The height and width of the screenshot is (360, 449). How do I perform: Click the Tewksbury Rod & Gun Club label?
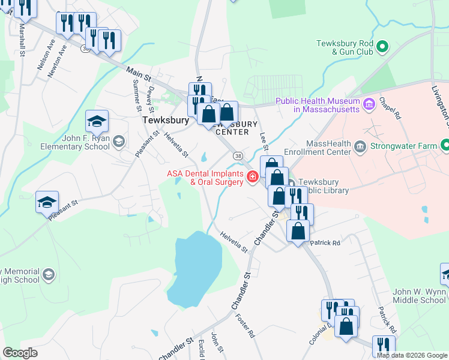tap(345, 47)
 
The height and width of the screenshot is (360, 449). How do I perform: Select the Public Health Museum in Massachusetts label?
tap(318, 105)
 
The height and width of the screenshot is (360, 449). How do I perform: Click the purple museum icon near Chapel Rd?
tap(370, 105)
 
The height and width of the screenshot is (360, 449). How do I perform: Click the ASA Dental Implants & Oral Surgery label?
tap(205, 179)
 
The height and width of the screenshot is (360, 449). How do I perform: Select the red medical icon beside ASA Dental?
tap(253, 176)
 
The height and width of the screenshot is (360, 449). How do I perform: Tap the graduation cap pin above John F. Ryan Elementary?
tap(97, 122)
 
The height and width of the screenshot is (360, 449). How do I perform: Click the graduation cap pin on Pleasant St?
tap(47, 202)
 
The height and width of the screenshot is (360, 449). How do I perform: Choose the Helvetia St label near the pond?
tap(233, 242)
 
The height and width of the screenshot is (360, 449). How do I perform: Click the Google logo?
tap(20, 353)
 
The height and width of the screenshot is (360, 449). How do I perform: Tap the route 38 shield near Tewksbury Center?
tap(238, 155)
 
